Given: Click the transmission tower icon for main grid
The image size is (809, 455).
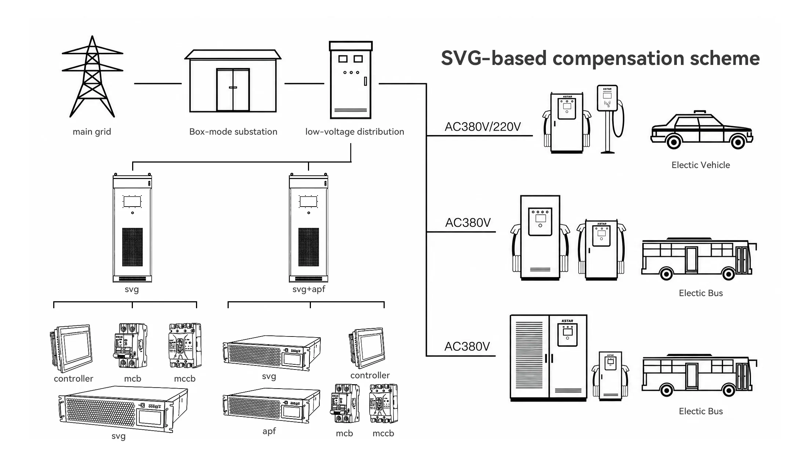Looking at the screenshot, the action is click(x=92, y=77).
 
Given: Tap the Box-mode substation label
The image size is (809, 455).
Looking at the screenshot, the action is click(x=233, y=132).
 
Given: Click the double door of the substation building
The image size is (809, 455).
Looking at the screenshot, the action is click(x=233, y=90).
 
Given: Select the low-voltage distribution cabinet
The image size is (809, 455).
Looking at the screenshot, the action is click(x=351, y=80).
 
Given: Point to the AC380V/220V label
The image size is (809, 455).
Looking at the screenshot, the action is click(x=483, y=127).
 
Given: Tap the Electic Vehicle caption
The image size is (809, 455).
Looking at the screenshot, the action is click(x=701, y=165).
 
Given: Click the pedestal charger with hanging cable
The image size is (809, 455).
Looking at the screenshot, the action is click(x=610, y=119).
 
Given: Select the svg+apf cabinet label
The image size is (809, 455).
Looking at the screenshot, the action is click(x=309, y=289).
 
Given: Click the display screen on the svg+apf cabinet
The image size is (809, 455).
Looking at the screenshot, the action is click(x=308, y=201).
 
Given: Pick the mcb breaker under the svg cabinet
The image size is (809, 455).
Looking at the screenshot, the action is click(x=130, y=346).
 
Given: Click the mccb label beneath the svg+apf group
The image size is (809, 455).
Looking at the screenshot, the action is click(x=383, y=433).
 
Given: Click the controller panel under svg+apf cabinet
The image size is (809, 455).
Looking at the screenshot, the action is click(x=367, y=348).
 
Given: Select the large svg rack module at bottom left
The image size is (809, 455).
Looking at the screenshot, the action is click(x=123, y=409).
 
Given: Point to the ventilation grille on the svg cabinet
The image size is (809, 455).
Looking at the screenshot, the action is click(x=133, y=247).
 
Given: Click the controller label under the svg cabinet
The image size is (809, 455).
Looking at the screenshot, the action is click(x=73, y=379).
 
